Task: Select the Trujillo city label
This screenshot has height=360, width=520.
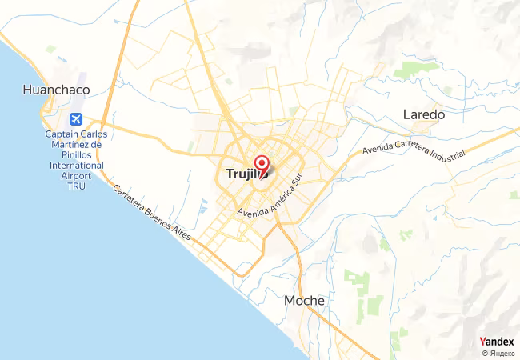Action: [237, 174]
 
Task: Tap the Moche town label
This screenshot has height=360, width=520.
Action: [305, 301]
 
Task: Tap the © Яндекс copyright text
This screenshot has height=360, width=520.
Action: [498, 353]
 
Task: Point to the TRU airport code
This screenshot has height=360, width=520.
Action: [76, 185]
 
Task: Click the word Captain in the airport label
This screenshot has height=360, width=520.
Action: [60, 134]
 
